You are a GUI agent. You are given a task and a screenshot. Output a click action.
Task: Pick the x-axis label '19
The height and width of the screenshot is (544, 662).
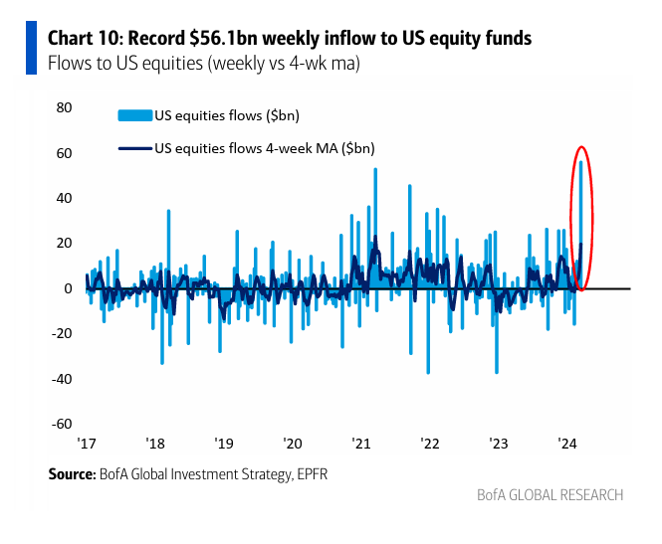pos(224,444)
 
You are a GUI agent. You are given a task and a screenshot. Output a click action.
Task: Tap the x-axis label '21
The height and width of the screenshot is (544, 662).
pos(361,444)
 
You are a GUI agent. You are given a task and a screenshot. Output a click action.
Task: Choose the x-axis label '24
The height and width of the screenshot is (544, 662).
pos(568,444)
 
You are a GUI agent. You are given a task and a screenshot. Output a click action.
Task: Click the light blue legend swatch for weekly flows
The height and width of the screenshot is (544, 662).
pos(134,115)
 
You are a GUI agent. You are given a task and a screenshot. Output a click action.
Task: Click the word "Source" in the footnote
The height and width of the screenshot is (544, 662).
pos(72,475)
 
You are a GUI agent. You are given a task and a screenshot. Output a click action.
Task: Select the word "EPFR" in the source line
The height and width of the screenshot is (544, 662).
pos(307,475)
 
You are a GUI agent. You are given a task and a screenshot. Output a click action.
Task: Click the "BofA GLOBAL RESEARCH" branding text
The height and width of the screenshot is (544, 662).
pos(550,495)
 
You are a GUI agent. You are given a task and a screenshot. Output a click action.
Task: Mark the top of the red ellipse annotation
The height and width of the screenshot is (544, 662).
pos(581,147)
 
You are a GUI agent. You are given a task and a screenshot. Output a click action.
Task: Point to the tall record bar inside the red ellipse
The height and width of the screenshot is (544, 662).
pos(581,224)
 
